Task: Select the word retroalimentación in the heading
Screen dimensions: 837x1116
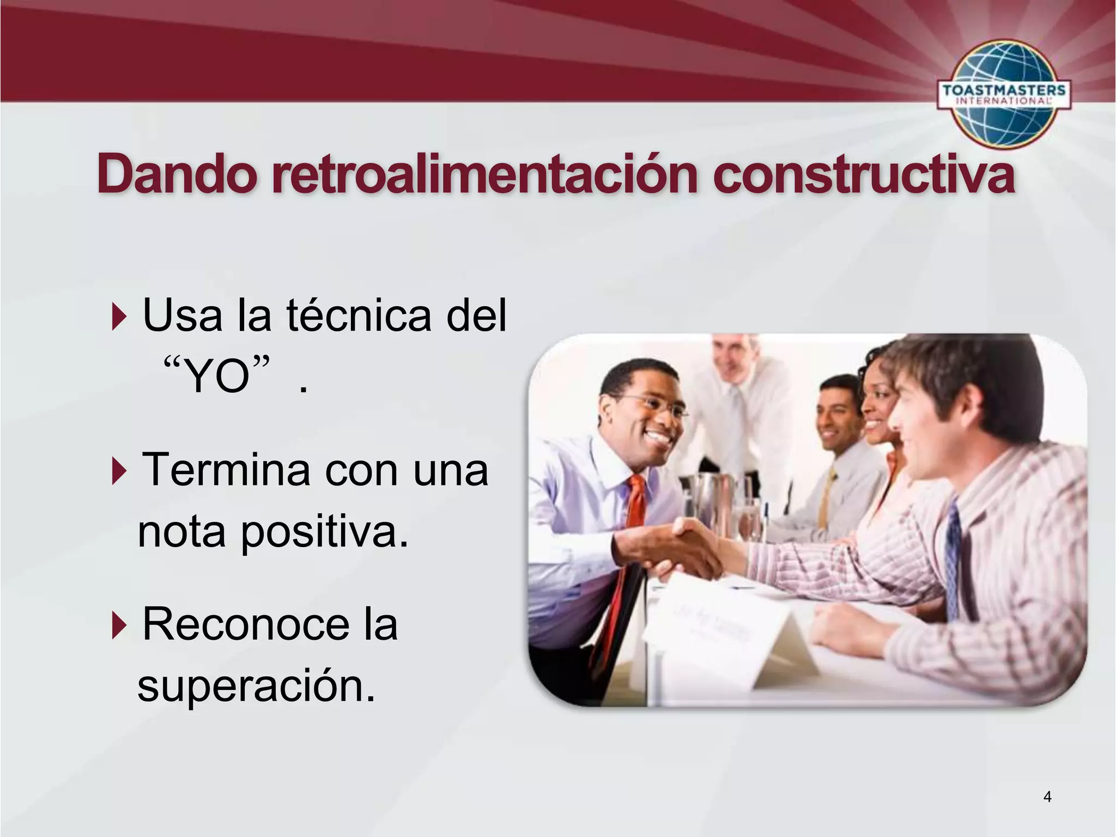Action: tap(485, 174)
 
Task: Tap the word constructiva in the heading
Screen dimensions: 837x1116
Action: tap(864, 174)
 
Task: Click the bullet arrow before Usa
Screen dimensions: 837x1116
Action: tap(119, 316)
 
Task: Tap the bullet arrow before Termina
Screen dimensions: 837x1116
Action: tap(119, 470)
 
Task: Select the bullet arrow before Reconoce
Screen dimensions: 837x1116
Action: tap(119, 625)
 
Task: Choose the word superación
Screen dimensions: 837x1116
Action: tap(256, 687)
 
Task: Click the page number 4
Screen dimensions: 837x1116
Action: tap(1047, 797)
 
